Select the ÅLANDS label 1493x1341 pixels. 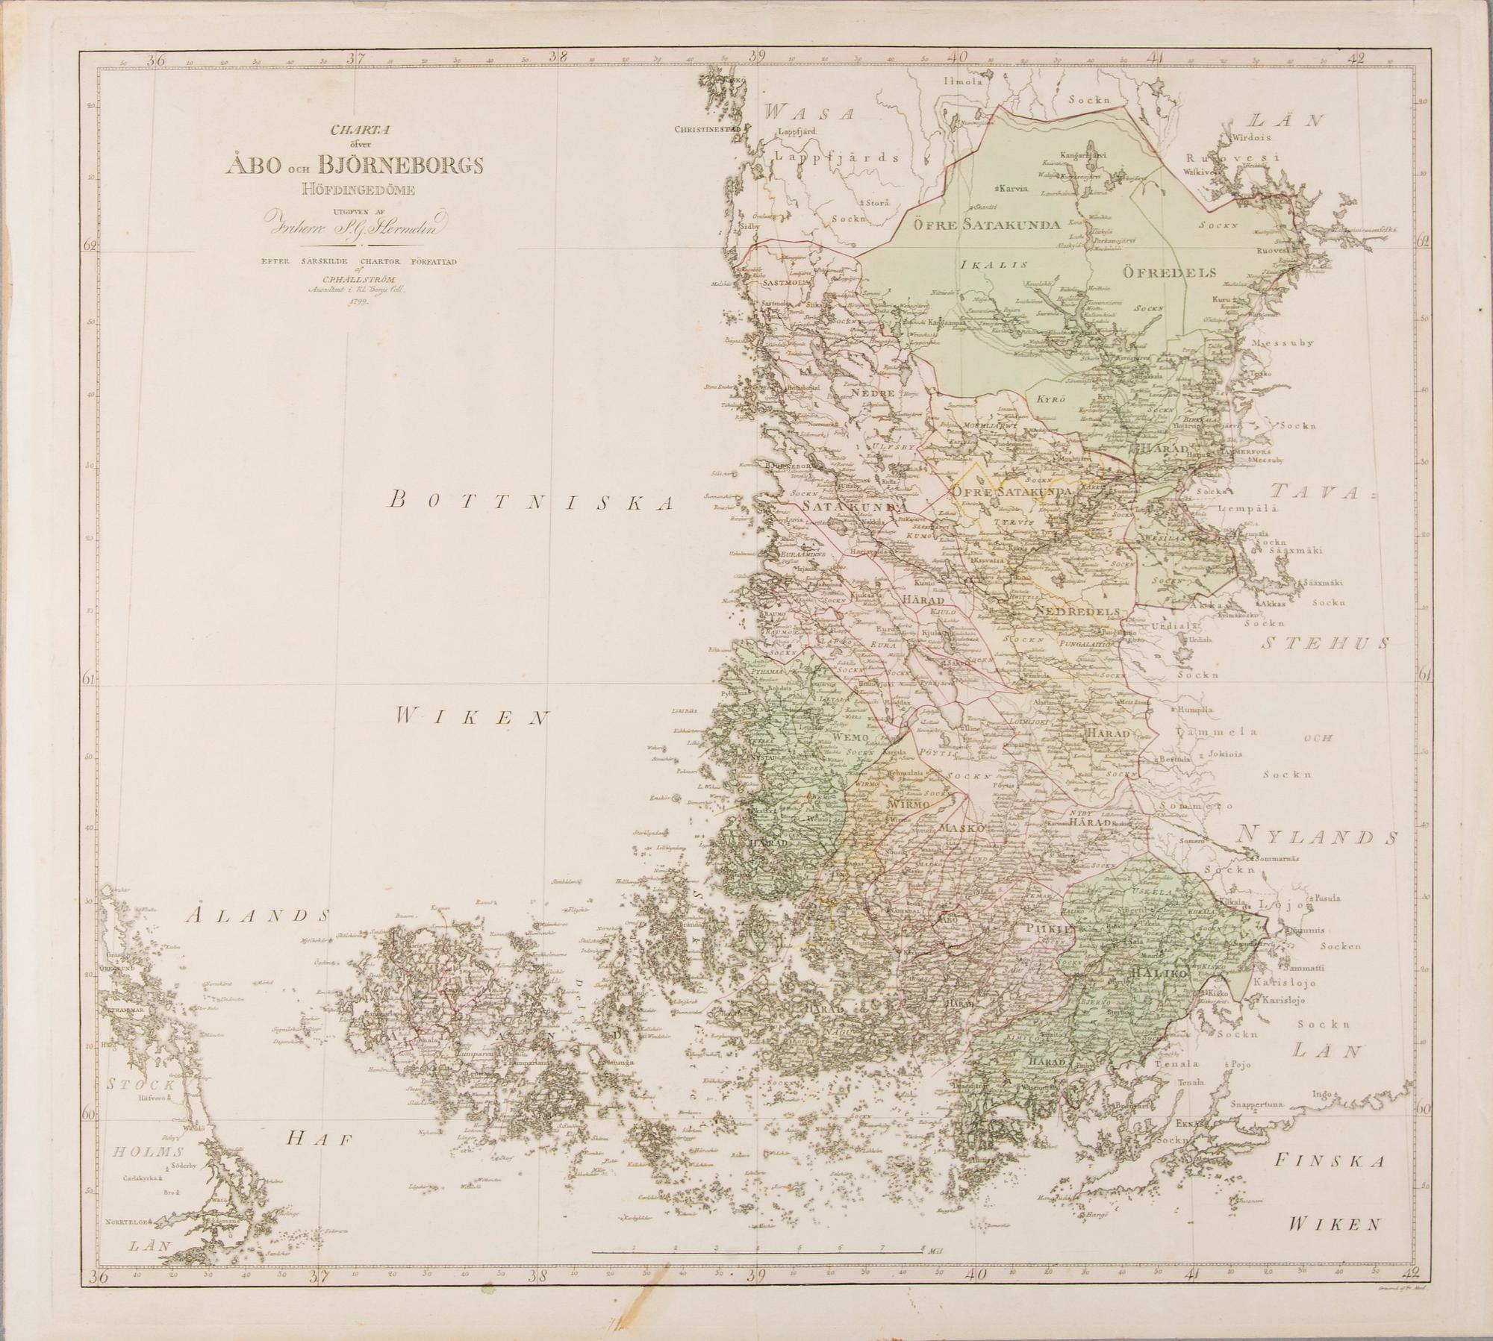(258, 915)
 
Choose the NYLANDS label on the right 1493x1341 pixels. (1316, 837)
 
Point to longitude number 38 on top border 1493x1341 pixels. (556, 56)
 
